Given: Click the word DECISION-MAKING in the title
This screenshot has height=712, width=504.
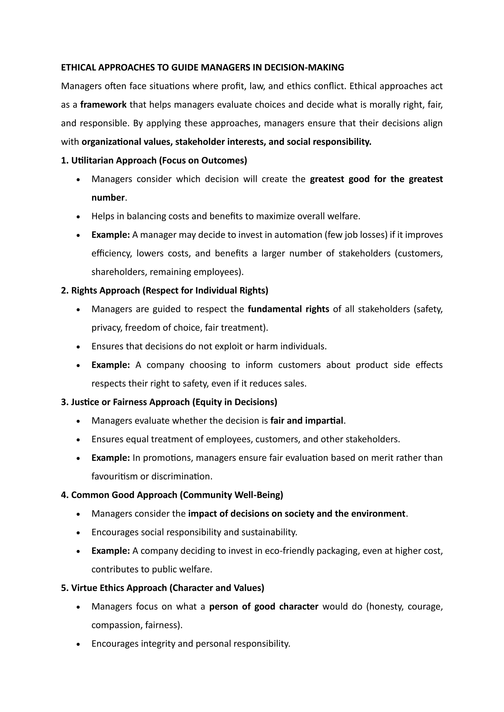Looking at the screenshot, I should point(304,68).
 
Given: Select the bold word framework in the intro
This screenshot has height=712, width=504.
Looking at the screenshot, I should point(103,105).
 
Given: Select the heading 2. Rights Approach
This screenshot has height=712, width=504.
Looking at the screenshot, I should point(164,291).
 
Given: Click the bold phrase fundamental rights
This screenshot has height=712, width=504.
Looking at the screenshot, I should point(288,309).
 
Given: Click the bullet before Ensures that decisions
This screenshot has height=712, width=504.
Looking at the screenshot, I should point(79,347).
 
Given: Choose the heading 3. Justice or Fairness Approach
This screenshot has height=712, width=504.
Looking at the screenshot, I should point(169,402).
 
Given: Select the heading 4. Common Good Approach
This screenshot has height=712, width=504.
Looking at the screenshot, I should point(172,495).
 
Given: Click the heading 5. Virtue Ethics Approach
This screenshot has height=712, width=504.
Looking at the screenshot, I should point(162,588).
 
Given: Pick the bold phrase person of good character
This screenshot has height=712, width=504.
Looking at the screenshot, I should point(264,607).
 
